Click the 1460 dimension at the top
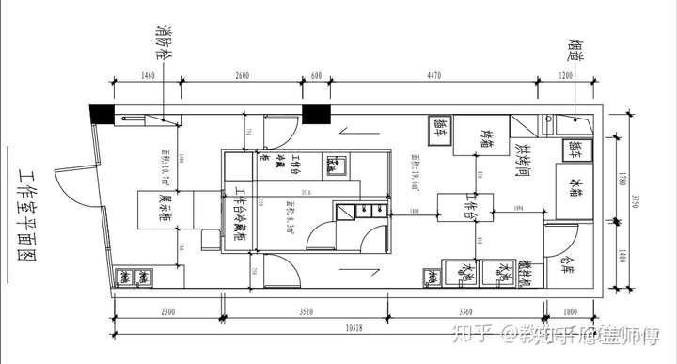tap(148, 77)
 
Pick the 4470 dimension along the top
tap(434, 77)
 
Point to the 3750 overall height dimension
tap(636, 198)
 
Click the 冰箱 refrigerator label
tap(573, 182)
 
